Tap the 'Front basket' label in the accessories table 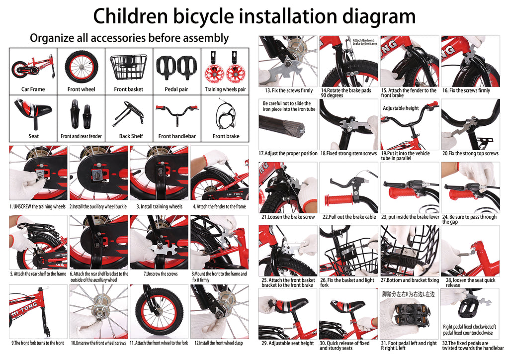(x=129, y=90)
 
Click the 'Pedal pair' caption (x=176, y=90)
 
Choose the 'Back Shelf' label (x=131, y=136)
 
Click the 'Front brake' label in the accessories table (x=226, y=136)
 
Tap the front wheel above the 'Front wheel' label (x=81, y=68)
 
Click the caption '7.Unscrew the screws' (x=161, y=274)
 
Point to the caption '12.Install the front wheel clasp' (x=219, y=343)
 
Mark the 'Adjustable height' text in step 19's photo (x=401, y=108)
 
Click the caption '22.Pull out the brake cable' (x=349, y=217)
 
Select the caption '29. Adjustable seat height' (x=288, y=343)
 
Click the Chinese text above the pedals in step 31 (x=409, y=294)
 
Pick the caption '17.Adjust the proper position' (x=288, y=153)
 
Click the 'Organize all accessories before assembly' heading (x=129, y=38)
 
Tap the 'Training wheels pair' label (x=225, y=90)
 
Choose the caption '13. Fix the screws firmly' (x=289, y=90)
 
